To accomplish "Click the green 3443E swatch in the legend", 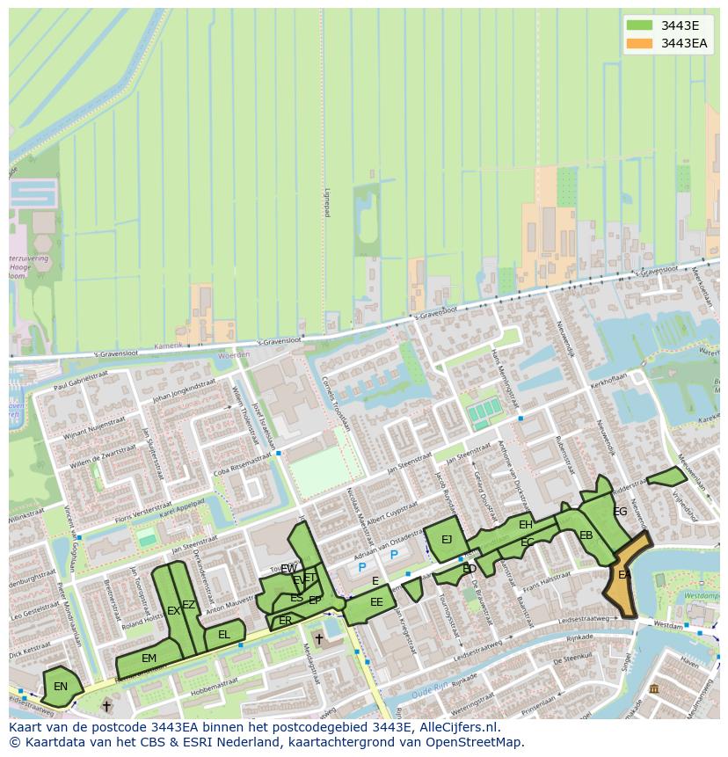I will pos(639,25).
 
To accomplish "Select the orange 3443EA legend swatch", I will pos(639,43).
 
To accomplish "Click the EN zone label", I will pos(61,687).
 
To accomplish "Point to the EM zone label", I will pos(149,659).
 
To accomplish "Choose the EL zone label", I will pos(224,635).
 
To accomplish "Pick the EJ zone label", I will pos(447,540).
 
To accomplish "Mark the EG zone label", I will pos(621,512).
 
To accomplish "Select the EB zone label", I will pos(586,535).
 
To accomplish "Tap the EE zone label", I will pos(376,602).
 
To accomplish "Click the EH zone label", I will pos(526,525).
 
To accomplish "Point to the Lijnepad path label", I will pos(326,202).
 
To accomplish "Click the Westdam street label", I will pos(669,625).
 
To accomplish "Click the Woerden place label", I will pos(233,355).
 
